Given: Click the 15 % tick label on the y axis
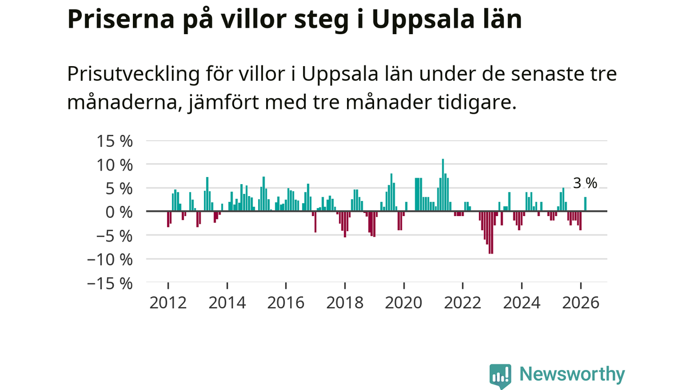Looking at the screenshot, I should [x=114, y=141].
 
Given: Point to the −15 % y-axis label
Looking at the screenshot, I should [x=110, y=283].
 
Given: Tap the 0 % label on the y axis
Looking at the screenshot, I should [x=119, y=212].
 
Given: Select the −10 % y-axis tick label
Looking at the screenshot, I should [x=110, y=259].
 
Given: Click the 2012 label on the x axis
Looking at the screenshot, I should [x=168, y=302].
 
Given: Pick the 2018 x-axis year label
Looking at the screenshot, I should [x=345, y=302].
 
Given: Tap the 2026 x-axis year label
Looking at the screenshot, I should [x=581, y=302].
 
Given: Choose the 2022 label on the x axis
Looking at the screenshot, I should [x=462, y=302].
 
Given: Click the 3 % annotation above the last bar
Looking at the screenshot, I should [x=585, y=184].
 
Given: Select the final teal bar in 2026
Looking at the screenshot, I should [x=585, y=204].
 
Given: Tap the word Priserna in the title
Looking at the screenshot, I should [x=116, y=19].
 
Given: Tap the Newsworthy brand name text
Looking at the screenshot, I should [x=572, y=374].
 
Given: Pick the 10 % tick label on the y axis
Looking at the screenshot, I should [x=114, y=165].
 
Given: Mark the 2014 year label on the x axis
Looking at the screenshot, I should [x=227, y=302].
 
